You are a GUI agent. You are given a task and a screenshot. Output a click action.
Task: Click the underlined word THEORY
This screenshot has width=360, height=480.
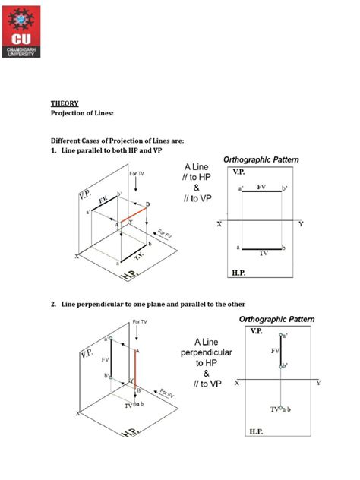(x=64, y=103)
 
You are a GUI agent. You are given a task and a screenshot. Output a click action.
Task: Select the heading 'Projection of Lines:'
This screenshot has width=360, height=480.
(x=82, y=113)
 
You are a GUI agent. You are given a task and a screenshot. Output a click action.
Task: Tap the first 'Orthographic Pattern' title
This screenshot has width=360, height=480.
(x=261, y=159)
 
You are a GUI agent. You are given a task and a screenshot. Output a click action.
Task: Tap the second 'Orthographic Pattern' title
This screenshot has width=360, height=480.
(x=276, y=319)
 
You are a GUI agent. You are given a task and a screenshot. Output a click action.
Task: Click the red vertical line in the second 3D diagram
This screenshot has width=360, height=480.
(x=137, y=369)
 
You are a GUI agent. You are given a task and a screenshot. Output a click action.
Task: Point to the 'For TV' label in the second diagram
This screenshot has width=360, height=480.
(x=140, y=321)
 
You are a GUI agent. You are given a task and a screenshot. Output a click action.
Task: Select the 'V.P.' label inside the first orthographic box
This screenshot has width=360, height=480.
(x=238, y=172)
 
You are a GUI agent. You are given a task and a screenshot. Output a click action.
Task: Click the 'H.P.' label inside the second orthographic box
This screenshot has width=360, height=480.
(x=254, y=430)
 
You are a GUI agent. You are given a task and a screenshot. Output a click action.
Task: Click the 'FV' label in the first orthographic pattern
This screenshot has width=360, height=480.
(x=261, y=185)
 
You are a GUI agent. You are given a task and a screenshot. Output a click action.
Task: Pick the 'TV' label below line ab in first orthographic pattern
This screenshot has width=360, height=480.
(x=263, y=253)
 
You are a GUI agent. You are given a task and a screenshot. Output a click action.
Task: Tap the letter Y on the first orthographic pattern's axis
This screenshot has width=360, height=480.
(x=301, y=224)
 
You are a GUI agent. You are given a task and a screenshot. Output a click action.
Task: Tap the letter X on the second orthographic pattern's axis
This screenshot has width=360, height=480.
(x=237, y=383)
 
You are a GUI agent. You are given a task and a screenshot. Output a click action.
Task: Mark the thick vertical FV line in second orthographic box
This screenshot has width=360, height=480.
(x=282, y=350)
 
